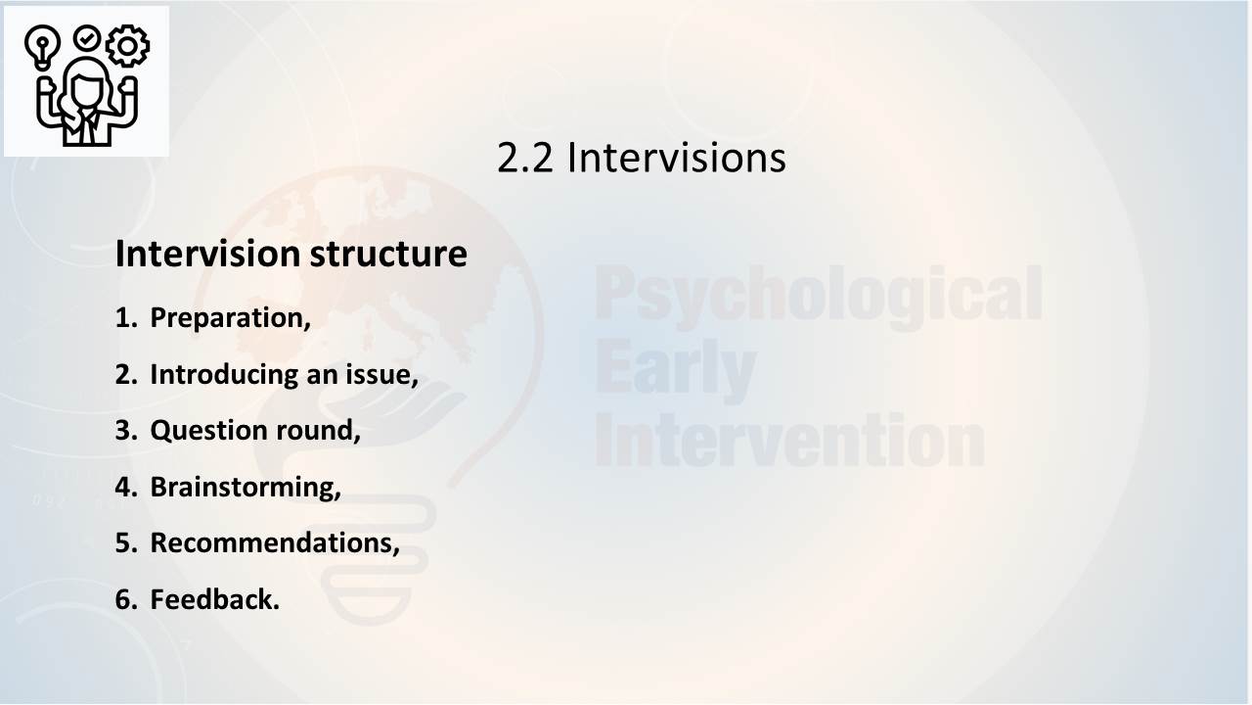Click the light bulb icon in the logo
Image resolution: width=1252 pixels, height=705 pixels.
(42, 47)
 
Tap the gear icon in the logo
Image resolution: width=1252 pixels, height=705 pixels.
(127, 46)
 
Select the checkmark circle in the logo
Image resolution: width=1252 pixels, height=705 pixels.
(87, 38)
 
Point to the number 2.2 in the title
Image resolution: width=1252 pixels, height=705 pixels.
(525, 158)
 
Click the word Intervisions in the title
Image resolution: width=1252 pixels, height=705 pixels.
(677, 158)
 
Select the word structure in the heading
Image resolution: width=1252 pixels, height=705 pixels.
(388, 255)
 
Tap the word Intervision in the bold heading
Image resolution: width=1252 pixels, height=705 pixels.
(208, 254)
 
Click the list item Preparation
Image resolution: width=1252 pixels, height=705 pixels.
(230, 318)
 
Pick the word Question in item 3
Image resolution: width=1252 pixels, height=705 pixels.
(201, 431)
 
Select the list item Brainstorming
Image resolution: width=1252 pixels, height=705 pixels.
(246, 488)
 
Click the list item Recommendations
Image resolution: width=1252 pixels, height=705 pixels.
(275, 543)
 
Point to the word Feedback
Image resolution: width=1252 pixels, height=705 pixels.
(214, 599)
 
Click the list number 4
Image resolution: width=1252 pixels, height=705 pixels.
(126, 487)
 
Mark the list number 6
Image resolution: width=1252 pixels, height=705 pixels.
(126, 599)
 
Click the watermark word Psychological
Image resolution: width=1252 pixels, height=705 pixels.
(819, 297)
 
